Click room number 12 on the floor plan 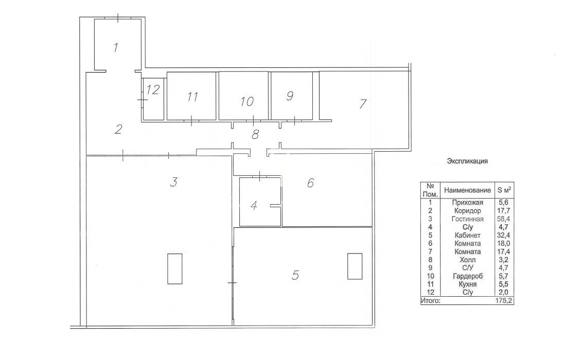(x=153, y=89)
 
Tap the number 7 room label (x=362, y=103)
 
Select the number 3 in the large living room (x=173, y=182)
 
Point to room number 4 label (x=254, y=206)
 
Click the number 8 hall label (x=255, y=135)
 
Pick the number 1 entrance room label (x=115, y=47)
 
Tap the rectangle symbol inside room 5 (x=355, y=266)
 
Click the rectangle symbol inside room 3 (x=175, y=269)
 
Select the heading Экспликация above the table (x=467, y=161)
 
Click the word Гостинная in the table (x=467, y=219)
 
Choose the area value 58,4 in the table (x=504, y=219)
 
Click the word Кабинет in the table (x=467, y=235)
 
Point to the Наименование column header (x=467, y=190)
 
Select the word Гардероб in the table (x=467, y=276)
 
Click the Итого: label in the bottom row (x=430, y=300)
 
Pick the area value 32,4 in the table (x=504, y=235)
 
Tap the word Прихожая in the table (x=467, y=202)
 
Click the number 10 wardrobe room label (x=247, y=101)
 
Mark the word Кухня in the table (x=467, y=284)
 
